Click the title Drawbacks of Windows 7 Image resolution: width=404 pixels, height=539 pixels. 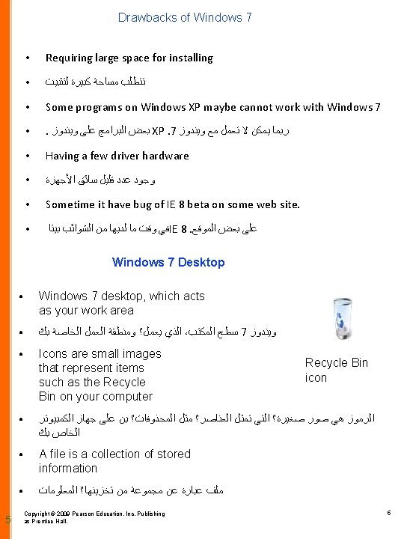coord(185,17)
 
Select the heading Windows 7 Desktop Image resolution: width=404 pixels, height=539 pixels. coord(168,262)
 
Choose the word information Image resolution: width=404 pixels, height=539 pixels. coord(68,468)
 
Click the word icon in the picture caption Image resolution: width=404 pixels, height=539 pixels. coord(316,378)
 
